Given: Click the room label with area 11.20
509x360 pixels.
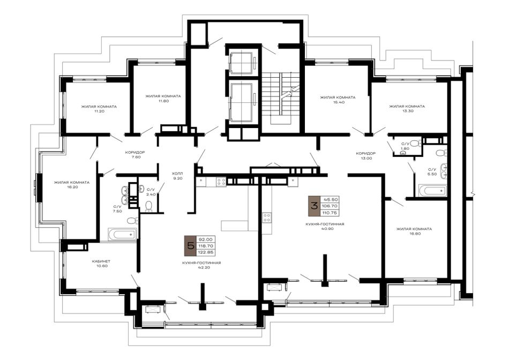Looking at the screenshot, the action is point(99,109).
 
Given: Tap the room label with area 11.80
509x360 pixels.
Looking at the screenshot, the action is point(163,99).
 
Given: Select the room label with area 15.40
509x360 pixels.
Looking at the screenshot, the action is point(337,100).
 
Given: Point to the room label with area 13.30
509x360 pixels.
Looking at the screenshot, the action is point(407,108).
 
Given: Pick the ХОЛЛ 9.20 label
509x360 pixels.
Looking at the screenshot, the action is point(177,176).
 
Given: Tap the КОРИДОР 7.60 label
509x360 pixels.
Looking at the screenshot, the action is point(135,154).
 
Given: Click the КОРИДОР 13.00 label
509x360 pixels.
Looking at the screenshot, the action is point(365,156).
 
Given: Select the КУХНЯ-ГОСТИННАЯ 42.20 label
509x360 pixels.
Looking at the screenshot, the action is point(201,265).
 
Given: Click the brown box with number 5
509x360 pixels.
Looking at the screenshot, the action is point(189,246).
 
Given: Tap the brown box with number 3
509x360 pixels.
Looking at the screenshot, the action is point(314,206).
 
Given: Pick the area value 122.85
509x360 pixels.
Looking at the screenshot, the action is point(205,252).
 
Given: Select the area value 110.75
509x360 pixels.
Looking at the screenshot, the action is point(330,213).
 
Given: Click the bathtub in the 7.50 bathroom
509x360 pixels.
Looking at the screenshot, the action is point(122,234).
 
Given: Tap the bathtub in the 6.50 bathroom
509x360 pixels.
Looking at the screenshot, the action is point(432,190).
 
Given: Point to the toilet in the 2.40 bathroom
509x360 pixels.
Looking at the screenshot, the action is point(149,206).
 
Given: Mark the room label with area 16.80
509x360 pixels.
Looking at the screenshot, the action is point(414,231).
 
